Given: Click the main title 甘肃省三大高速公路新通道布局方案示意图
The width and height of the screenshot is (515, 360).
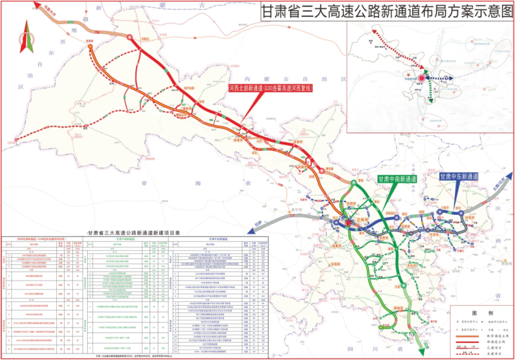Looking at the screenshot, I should (386, 13).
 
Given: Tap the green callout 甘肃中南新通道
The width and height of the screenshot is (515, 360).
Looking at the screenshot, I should (397, 179).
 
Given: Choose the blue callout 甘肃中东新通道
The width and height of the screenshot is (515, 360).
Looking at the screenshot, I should (459, 176).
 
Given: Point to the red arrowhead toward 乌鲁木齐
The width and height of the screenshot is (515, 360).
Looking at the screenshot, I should (38, 5).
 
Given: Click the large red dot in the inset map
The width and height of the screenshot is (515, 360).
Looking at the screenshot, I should (422, 78).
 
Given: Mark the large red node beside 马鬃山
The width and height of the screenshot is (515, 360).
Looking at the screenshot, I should (131, 38).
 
